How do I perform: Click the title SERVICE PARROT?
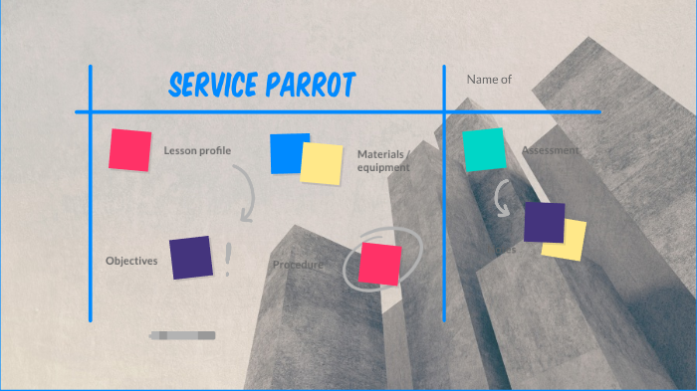(262, 86)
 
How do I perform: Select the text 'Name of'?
(489, 79)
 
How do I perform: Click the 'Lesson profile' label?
(197, 150)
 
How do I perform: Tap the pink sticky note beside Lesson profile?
(130, 149)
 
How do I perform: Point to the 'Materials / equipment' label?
(383, 160)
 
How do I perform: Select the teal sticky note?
(484, 149)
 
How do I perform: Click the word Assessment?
(550, 150)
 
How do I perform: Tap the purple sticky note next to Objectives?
(190, 257)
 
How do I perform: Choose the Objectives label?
(131, 261)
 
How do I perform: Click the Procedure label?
(298, 265)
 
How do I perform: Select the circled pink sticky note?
(379, 264)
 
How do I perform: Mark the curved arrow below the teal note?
(504, 200)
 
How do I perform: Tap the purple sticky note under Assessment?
(543, 222)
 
